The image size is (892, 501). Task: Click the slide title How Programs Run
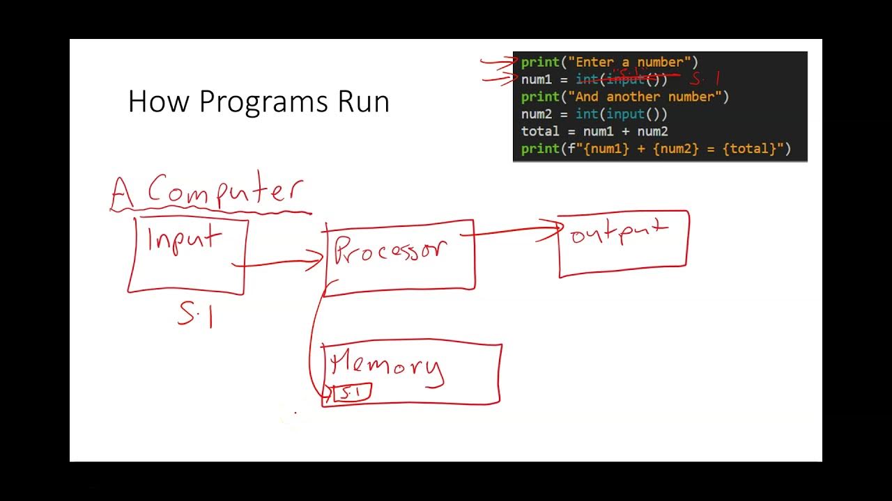tap(259, 102)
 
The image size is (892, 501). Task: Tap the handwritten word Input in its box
tap(184, 240)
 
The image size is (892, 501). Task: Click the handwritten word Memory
tap(387, 365)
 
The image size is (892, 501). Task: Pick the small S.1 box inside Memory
tap(351, 393)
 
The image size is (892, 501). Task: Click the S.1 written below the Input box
tap(195, 317)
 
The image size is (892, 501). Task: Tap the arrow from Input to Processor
tap(279, 263)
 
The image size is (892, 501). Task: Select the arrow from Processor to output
tap(516, 232)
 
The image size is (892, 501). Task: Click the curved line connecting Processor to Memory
tap(312, 341)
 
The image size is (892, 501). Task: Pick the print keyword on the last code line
tap(540, 149)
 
